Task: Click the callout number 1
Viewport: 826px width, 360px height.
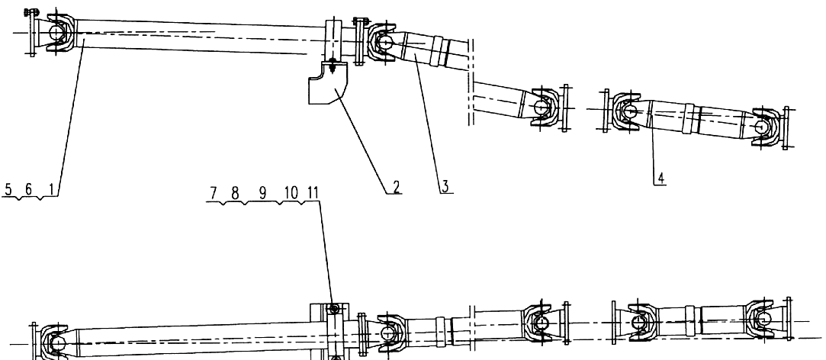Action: point(50,189)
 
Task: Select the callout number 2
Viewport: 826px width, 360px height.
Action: point(396,186)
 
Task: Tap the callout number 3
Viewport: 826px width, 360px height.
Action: point(445,186)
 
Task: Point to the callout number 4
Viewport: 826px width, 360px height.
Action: point(660,178)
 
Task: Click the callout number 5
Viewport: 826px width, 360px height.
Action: point(8,189)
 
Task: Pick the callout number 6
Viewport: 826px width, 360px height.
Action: point(28,189)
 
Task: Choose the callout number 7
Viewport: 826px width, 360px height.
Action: point(214,194)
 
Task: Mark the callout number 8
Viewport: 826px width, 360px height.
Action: point(235,194)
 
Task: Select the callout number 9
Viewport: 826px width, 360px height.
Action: point(262,194)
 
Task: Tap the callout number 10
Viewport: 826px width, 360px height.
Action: point(291,194)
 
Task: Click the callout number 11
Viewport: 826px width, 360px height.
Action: point(313,194)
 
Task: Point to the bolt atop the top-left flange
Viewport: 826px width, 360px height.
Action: point(31,11)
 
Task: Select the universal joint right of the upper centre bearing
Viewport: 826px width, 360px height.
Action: point(383,42)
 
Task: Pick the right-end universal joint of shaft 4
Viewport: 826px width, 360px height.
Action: point(764,127)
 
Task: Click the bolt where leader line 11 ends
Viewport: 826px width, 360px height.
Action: point(333,308)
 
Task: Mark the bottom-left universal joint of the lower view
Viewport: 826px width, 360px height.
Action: point(55,342)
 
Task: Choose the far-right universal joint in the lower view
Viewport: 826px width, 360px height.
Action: point(762,320)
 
